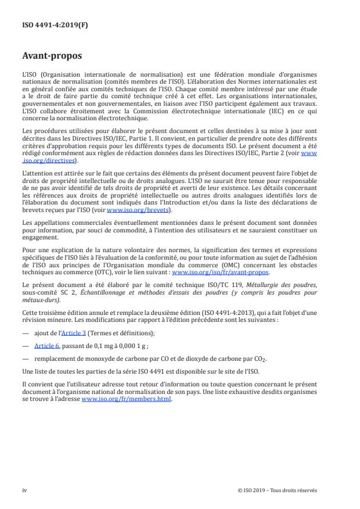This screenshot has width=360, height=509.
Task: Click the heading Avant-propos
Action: coord(51,57)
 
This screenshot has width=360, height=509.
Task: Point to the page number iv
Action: coord(24,490)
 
